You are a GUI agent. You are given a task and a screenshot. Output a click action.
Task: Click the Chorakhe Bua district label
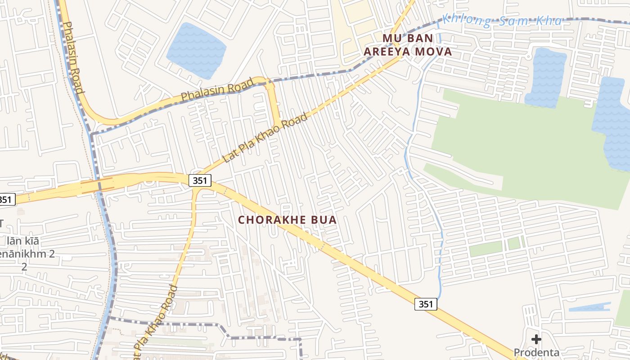[287, 220]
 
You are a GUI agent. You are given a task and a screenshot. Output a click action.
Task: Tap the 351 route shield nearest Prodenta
[425, 304]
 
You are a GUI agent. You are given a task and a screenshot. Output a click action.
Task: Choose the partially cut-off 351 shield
[6, 199]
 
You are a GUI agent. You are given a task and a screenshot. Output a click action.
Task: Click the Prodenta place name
[536, 352]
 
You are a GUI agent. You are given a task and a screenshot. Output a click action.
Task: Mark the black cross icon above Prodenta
[536, 339]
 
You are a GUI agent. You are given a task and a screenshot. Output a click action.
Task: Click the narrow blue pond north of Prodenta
[589, 307]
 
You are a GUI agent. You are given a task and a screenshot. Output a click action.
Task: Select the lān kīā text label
[23, 241]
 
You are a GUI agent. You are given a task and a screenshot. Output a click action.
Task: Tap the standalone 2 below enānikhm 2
[24, 267]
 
